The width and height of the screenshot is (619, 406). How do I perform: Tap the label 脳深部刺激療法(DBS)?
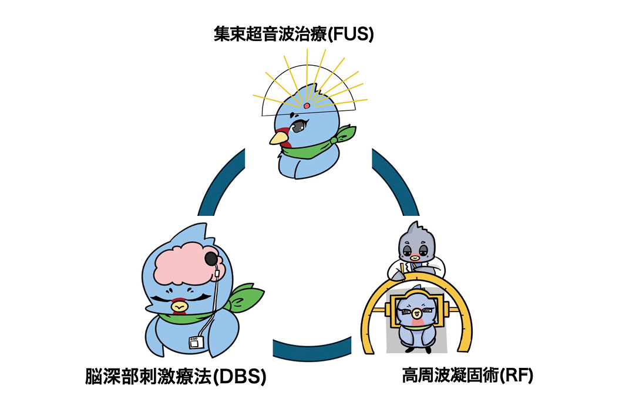tap(175, 376)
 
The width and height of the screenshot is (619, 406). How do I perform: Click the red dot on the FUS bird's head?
tap(307, 106)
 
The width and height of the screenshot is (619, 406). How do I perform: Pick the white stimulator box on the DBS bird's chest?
tap(194, 341)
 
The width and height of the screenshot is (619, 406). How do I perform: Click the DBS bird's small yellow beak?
tap(179, 306)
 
